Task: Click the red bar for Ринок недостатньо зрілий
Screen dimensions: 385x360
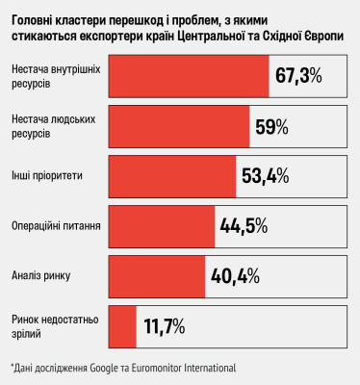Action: coord(123,325)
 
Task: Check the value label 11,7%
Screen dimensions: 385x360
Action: coord(165,326)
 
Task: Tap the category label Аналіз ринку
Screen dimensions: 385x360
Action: coord(37,276)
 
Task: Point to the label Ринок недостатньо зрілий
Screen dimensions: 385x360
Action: coord(54,325)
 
